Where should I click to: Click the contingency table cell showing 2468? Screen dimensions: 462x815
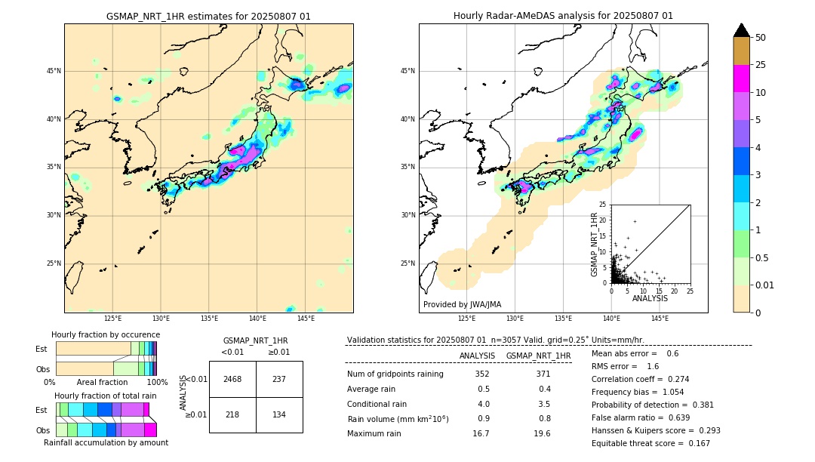(x=232, y=379)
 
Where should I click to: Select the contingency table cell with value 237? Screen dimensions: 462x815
(x=278, y=379)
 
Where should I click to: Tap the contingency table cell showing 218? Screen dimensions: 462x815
(x=232, y=415)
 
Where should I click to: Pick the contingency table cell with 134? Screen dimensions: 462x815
(x=278, y=415)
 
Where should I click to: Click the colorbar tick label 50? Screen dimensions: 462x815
(x=761, y=38)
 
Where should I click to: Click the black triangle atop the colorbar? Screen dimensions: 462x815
(x=741, y=30)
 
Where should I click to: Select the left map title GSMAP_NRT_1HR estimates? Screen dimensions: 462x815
(x=208, y=16)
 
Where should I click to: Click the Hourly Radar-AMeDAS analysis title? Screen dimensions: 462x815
(x=563, y=16)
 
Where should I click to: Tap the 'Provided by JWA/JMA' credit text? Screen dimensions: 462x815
(x=462, y=304)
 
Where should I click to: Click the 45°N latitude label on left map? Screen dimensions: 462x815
(x=54, y=71)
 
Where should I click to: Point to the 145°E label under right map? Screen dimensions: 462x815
(x=660, y=319)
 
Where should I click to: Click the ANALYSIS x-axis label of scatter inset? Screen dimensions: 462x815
(x=650, y=298)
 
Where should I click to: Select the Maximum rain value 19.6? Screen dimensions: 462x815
(x=542, y=433)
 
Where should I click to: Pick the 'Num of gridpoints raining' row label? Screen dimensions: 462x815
(x=395, y=374)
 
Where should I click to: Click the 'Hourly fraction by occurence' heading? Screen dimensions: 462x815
(x=106, y=334)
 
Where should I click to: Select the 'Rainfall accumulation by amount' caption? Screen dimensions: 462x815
(x=106, y=443)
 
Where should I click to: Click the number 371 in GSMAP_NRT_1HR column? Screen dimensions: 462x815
(x=543, y=374)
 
